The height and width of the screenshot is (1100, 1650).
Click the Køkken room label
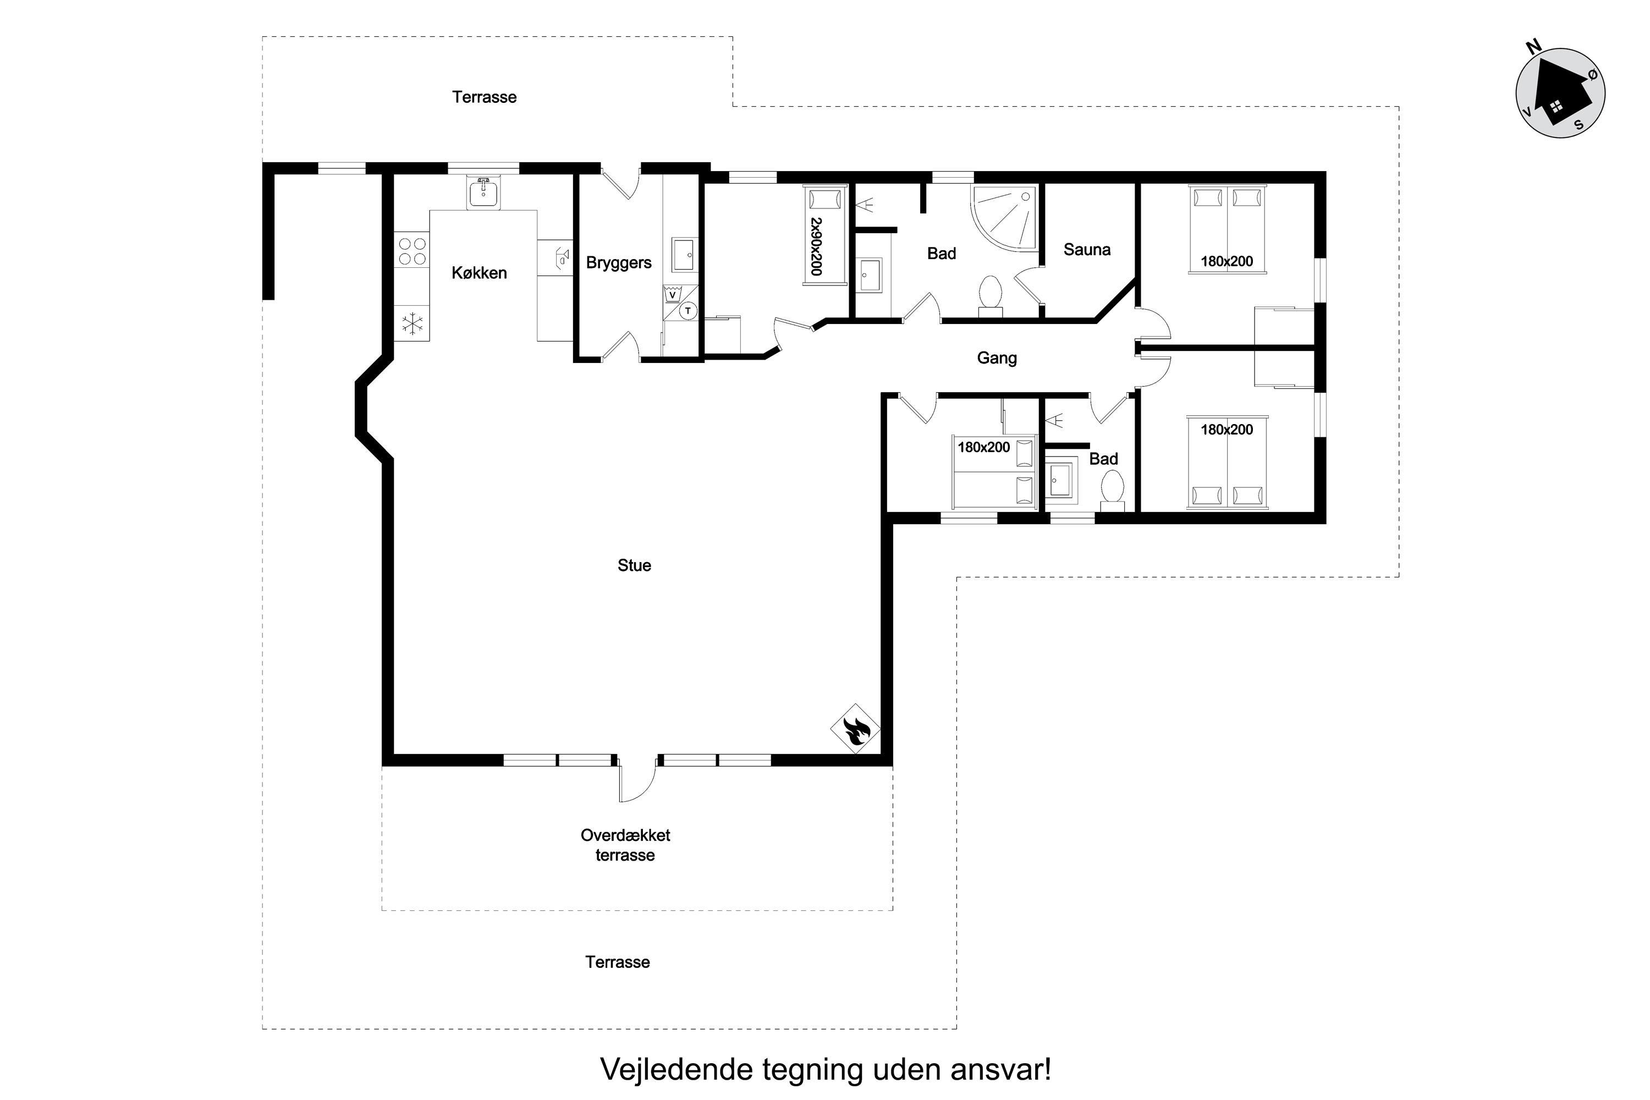[x=479, y=273]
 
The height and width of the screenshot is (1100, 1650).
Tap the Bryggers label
[x=619, y=263]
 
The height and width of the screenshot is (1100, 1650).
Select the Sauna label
[x=1087, y=250]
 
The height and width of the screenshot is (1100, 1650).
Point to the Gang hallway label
[x=997, y=359]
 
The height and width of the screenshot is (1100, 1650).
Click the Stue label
[x=634, y=565]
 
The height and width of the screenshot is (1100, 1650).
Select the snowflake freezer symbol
[x=412, y=323]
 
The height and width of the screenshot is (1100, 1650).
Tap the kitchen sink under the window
[x=483, y=193]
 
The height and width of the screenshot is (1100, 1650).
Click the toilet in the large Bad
[x=991, y=295]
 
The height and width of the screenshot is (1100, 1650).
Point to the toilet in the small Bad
[x=1112, y=490]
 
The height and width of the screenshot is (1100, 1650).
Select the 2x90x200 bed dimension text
[x=816, y=246]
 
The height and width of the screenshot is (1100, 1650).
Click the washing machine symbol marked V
[x=672, y=295]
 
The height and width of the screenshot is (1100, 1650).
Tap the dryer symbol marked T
[x=688, y=310]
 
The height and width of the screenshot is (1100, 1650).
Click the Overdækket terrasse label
[x=625, y=845]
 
